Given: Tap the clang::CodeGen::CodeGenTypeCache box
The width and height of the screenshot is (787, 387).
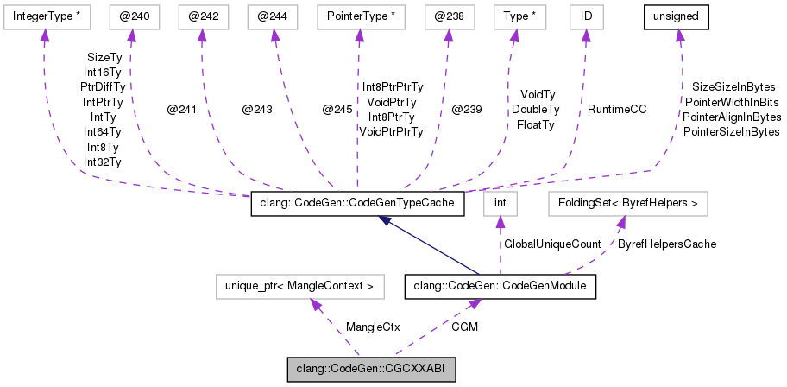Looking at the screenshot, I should (x=357, y=204).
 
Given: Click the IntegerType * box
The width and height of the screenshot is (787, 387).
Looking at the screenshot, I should (x=41, y=16).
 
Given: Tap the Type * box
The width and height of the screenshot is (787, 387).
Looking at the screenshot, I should (x=515, y=16).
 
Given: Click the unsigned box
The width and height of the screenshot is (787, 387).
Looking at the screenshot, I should (x=679, y=16).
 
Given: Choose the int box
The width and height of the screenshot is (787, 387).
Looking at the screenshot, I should (x=499, y=204).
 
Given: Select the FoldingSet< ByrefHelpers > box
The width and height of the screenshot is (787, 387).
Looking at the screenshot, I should (x=628, y=204).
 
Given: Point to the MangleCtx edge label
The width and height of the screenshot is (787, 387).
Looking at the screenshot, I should (x=372, y=327).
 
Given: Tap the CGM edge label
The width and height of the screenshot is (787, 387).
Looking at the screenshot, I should (x=464, y=327).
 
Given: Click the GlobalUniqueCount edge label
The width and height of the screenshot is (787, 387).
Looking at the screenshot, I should (x=552, y=244).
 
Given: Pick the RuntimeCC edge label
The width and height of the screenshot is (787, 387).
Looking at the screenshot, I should (x=617, y=110).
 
